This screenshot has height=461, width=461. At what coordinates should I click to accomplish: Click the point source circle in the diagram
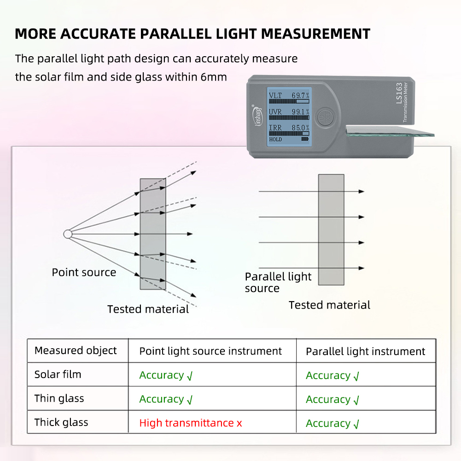click(x=68, y=234)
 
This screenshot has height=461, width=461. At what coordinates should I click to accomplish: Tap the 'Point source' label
click(x=84, y=272)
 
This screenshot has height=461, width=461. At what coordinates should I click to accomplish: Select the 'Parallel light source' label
click(x=278, y=282)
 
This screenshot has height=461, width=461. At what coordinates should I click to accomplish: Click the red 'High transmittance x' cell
click(x=191, y=423)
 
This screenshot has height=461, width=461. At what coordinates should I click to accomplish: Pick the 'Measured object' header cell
click(x=76, y=350)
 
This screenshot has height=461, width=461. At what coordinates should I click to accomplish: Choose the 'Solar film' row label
click(x=58, y=374)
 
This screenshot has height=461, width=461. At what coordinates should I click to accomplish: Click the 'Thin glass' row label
click(x=59, y=398)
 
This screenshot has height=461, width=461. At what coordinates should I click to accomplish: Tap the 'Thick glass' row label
click(x=61, y=422)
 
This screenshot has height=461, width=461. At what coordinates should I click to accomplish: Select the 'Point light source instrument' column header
click(x=210, y=351)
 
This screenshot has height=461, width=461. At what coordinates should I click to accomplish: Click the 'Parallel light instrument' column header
click(x=365, y=352)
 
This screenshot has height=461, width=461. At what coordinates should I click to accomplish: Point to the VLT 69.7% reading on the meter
click(x=289, y=95)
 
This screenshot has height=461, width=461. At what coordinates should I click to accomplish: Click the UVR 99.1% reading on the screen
click(x=289, y=111)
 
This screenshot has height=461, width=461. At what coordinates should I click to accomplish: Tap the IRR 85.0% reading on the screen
click(x=289, y=128)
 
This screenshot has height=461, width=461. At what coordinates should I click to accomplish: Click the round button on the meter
click(x=326, y=117)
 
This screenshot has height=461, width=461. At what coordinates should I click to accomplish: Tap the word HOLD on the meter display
click(x=275, y=140)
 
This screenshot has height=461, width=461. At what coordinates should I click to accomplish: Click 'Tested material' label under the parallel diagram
click(x=329, y=305)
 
